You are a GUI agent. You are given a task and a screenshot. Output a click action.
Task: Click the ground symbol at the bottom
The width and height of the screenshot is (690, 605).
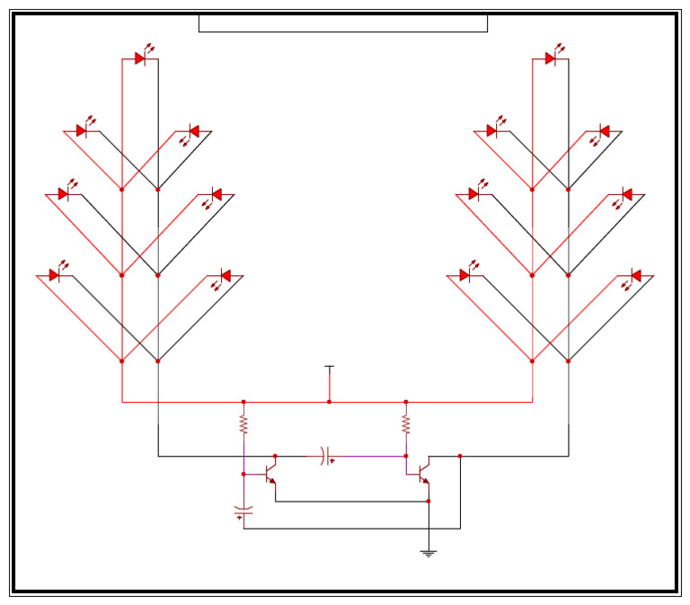[429, 553]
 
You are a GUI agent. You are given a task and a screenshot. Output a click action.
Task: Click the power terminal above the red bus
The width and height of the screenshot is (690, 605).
[329, 368]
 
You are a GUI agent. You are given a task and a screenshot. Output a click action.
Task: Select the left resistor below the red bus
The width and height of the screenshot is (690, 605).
[243, 423]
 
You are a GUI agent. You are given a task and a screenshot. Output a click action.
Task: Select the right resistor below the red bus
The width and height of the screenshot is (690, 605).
[405, 423]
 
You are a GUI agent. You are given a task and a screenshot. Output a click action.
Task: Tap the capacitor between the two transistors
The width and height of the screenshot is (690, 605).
[326, 456]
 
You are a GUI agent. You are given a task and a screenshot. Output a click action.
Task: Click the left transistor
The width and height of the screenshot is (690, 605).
[270, 474]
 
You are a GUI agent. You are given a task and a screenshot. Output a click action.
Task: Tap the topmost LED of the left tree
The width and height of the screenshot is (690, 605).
[141, 58]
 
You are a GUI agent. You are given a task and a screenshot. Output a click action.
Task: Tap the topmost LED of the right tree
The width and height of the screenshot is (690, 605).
[551, 58]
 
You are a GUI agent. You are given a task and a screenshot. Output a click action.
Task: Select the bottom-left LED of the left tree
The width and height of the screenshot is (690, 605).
[55, 275]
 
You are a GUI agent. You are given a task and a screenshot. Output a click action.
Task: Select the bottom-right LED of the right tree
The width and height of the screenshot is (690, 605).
[634, 275]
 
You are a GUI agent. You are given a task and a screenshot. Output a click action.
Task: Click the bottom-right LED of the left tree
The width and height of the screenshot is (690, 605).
[225, 275]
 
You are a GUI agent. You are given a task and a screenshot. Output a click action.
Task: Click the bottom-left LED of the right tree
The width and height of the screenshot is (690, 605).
[465, 275]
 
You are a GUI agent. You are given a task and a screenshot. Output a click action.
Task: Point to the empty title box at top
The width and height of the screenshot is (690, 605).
[342, 23]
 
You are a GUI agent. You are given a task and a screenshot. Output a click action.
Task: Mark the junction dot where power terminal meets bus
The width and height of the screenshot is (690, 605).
[329, 402]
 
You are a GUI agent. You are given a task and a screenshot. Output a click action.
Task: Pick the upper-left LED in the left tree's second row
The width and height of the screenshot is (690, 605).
[82, 131]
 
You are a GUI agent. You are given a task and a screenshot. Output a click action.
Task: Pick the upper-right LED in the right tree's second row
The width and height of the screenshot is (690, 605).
[603, 131]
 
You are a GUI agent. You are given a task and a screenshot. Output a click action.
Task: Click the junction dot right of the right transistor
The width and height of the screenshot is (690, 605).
[460, 456]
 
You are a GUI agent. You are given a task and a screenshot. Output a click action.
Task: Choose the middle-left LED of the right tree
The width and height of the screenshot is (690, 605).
[474, 194]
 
